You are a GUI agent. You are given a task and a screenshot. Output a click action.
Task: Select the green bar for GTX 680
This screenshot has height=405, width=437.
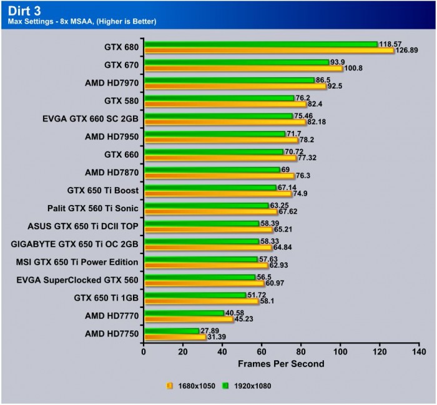tap(260, 44)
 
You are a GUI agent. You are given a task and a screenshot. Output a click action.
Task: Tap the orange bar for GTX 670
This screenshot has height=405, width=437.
tap(243, 69)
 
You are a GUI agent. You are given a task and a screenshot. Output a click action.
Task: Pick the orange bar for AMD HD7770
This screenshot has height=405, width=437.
tap(188, 320)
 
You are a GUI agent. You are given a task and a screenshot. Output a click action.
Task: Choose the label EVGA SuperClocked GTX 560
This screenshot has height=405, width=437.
tap(79, 280)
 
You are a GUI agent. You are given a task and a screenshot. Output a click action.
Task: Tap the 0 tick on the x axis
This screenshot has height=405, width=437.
tap(144, 352)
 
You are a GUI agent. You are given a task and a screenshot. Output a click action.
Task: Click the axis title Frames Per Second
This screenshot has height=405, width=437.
tap(280, 364)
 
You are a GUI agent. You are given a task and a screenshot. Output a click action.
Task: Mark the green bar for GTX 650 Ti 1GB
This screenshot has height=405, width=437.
tap(194, 295)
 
